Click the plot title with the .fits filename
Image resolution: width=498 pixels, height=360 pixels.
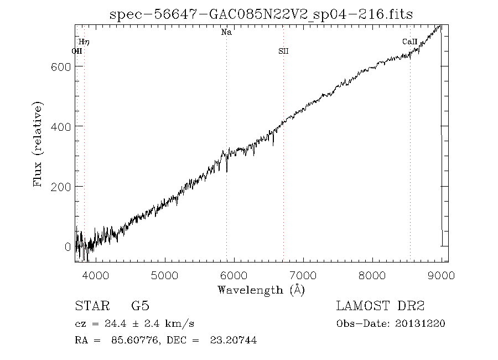(261, 14)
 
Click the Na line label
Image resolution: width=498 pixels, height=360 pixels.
(226, 33)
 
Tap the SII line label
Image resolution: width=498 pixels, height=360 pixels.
(283, 52)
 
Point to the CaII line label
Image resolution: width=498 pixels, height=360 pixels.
(409, 42)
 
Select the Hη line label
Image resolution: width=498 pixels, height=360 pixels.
(84, 42)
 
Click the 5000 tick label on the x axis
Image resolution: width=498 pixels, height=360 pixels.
(164, 275)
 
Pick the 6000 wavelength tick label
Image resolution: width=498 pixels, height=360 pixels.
(234, 275)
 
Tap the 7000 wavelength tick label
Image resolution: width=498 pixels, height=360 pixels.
(303, 275)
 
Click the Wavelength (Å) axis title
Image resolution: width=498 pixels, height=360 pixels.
(261, 289)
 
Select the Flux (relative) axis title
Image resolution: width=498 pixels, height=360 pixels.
(38, 144)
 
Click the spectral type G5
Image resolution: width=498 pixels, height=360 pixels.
(140, 306)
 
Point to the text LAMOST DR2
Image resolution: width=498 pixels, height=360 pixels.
(380, 306)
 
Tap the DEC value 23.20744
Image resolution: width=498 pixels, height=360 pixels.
(233, 341)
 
